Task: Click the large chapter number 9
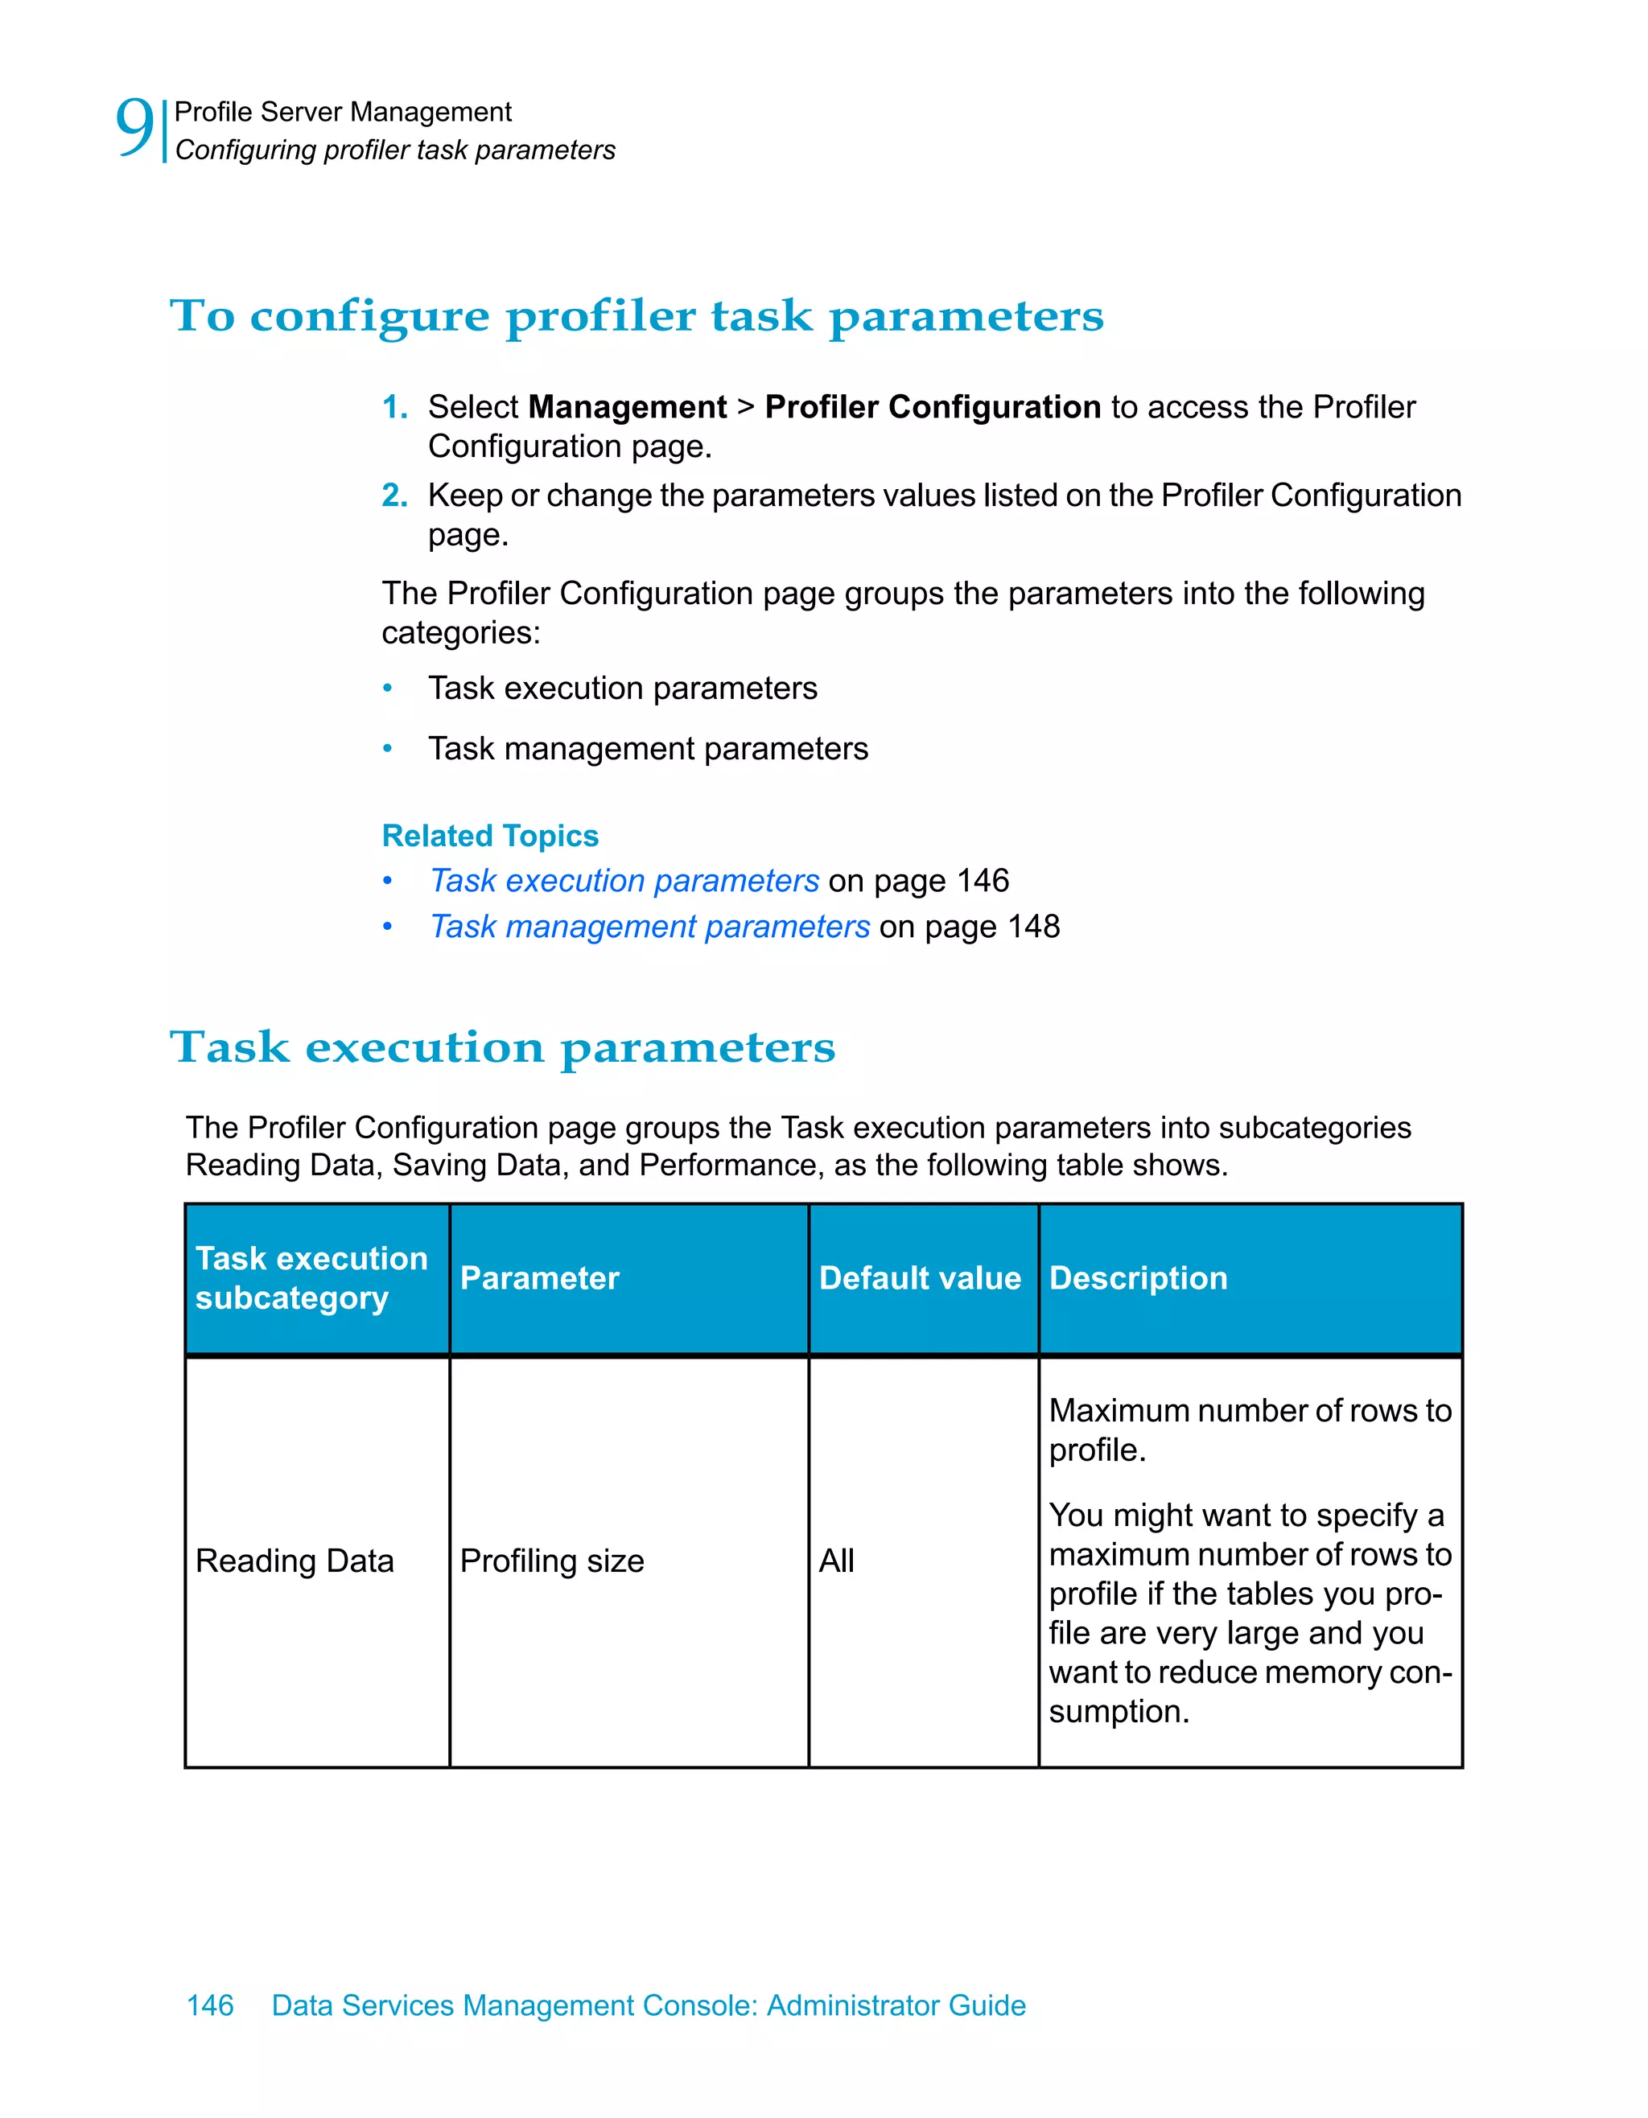point(134,127)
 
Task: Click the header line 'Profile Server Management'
point(343,113)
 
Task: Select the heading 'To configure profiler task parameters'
point(637,316)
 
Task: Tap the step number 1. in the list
point(395,406)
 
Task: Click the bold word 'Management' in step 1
point(627,407)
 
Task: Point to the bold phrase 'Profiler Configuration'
point(932,407)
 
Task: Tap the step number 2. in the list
point(395,496)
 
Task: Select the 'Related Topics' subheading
point(490,836)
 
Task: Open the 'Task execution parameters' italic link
point(624,881)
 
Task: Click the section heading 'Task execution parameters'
point(502,1047)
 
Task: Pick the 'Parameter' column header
point(539,1278)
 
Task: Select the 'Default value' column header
point(920,1278)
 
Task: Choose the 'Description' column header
point(1138,1278)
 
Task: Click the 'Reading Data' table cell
point(295,1561)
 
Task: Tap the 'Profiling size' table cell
point(552,1561)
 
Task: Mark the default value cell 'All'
point(836,1561)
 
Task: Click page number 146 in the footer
point(209,2005)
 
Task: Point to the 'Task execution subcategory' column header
point(311,1278)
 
